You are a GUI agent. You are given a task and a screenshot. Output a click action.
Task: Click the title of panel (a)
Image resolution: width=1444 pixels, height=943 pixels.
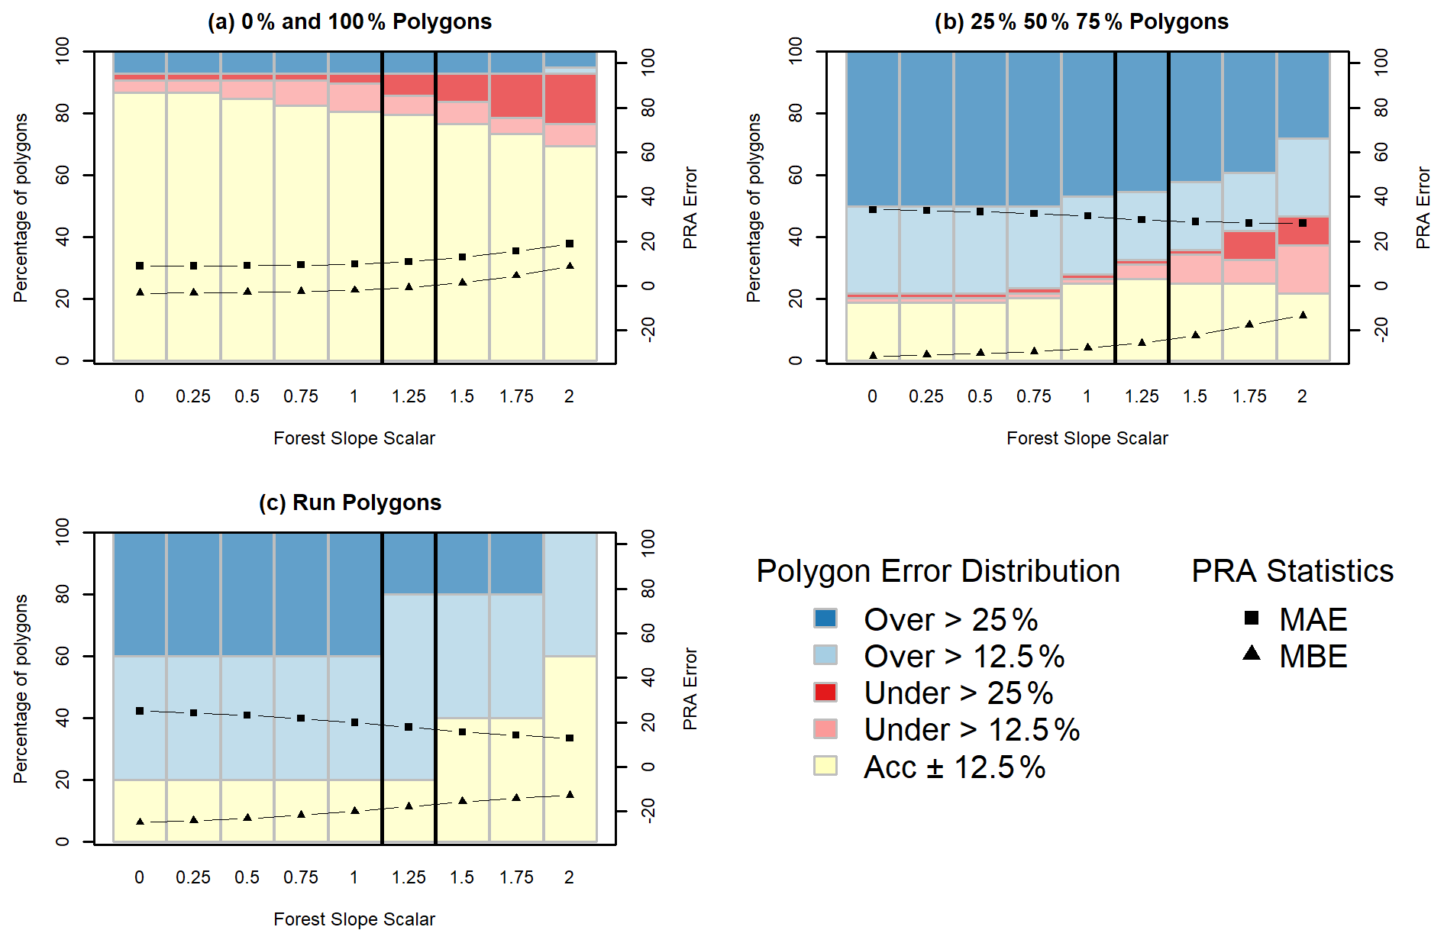click(350, 21)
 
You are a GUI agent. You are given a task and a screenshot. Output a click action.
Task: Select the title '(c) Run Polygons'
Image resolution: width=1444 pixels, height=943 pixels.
click(350, 502)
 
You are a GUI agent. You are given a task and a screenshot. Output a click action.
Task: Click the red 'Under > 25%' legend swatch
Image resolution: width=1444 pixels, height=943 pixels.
click(825, 692)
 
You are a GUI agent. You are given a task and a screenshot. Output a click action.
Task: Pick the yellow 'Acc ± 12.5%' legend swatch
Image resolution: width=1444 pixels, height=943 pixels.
click(825, 766)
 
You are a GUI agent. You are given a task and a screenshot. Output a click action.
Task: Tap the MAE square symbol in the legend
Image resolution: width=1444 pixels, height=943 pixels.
click(1252, 618)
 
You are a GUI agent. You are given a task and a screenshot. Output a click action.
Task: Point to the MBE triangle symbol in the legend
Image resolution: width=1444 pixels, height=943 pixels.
click(1252, 654)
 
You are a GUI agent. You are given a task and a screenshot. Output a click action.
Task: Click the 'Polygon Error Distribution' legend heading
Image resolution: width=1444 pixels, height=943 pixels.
click(938, 571)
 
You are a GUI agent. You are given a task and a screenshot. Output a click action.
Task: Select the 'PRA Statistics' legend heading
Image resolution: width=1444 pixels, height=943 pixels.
click(1292, 571)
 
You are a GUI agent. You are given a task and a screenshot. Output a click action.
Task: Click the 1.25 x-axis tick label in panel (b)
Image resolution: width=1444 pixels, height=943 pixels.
click(1142, 396)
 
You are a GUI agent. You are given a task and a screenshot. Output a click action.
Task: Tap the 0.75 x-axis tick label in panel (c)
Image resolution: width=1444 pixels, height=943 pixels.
click(301, 877)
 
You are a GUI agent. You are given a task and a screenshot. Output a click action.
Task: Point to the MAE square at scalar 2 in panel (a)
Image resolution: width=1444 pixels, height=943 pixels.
click(570, 244)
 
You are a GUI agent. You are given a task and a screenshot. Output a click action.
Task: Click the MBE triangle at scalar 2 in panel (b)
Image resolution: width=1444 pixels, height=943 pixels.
click(1303, 315)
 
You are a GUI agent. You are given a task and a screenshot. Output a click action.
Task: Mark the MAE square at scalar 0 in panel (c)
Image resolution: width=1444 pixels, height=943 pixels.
click(140, 711)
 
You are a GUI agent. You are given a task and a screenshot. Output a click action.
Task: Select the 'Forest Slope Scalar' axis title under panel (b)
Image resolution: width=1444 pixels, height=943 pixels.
click(1087, 438)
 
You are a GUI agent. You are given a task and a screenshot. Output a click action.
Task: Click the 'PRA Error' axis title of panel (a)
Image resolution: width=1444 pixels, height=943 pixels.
click(690, 208)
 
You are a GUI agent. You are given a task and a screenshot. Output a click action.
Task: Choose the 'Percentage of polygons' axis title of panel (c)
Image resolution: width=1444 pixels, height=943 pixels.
click(21, 689)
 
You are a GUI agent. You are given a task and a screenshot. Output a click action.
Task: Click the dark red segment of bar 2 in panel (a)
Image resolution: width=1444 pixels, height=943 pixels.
click(570, 99)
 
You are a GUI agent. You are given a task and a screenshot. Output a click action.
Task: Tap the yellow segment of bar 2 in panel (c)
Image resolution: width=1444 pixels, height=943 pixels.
click(570, 748)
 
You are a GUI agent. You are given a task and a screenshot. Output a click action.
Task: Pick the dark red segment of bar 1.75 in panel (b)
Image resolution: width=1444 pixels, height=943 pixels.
click(1249, 245)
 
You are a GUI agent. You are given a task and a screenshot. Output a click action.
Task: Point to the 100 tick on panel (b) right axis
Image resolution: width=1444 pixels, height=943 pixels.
click(1381, 61)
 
